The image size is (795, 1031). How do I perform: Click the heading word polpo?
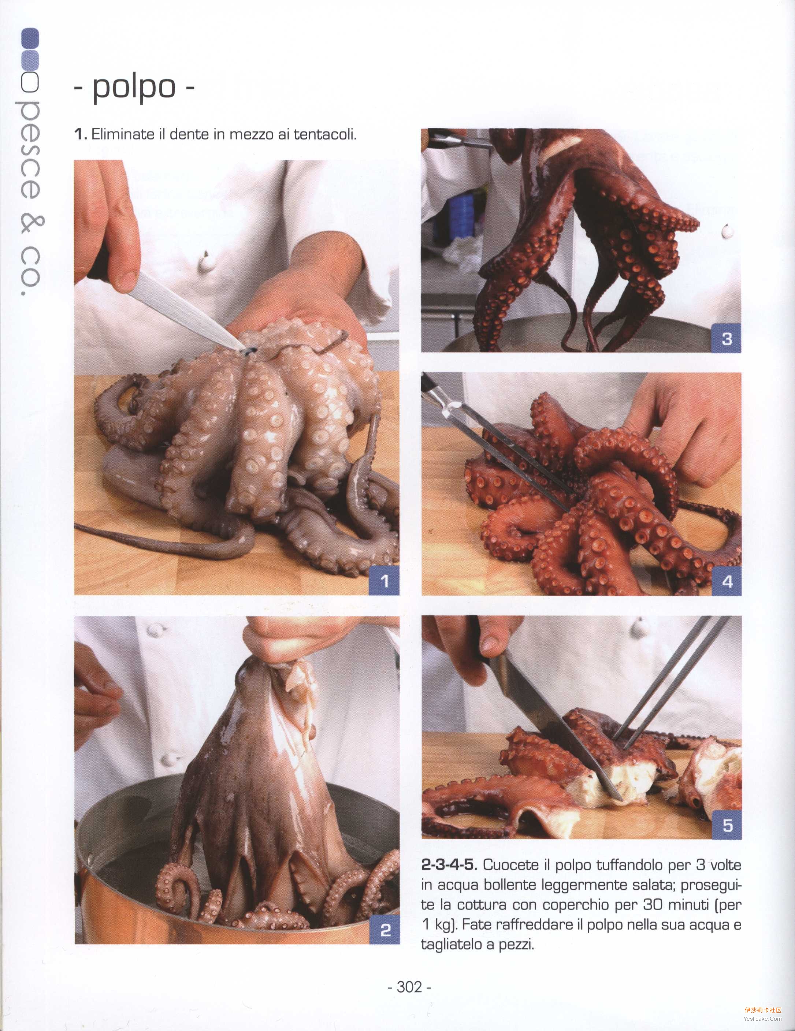point(134,88)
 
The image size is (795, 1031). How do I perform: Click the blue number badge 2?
point(385,930)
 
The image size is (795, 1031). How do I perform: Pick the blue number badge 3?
point(727,338)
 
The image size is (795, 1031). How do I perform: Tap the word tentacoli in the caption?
point(325,134)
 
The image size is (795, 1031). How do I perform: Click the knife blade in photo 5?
point(557,727)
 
